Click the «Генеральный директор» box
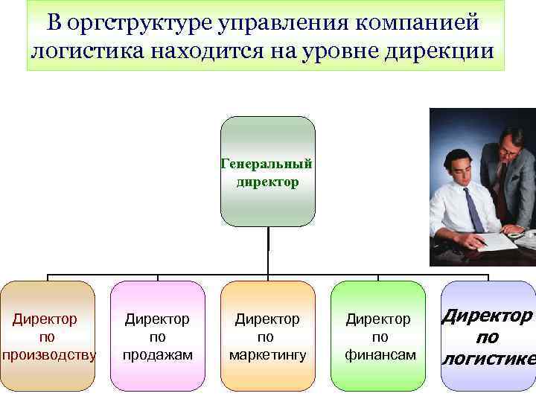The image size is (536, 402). click(x=267, y=171)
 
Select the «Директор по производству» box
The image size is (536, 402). click(x=48, y=336)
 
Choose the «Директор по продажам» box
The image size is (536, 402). click(x=157, y=336)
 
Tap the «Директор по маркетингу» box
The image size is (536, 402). click(x=267, y=336)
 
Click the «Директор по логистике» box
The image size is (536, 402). click(x=488, y=336)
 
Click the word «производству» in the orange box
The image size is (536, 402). click(x=48, y=354)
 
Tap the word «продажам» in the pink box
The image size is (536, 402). click(x=157, y=354)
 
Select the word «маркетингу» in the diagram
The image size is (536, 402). click(x=267, y=354)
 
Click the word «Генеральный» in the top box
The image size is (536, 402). click(x=267, y=164)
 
